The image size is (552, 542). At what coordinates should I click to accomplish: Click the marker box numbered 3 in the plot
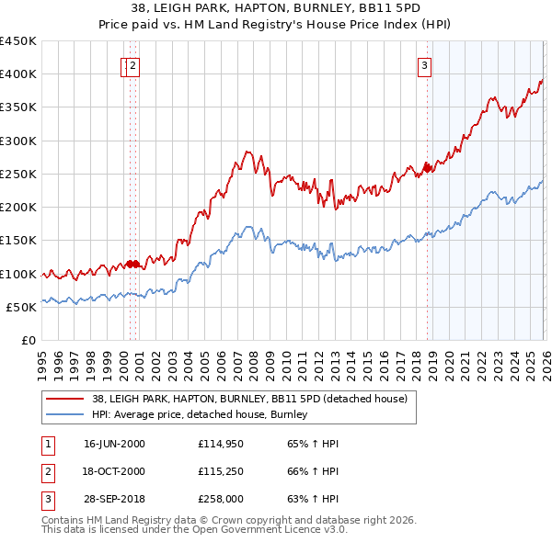(x=425, y=64)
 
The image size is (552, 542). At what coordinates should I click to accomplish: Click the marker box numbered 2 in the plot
(x=132, y=64)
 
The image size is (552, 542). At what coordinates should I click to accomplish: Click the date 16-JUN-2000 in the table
(x=114, y=444)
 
